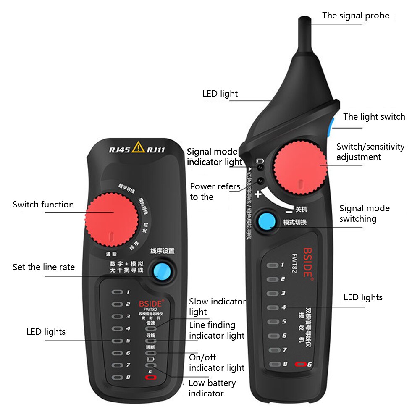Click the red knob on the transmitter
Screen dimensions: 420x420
tap(112, 220)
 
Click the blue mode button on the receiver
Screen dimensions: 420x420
tap(266, 221)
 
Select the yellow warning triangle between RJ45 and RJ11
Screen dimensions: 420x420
tap(138, 147)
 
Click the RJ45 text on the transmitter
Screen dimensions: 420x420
tap(119, 149)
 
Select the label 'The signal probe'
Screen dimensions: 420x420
tap(355, 16)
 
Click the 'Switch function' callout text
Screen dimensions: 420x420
tap(43, 205)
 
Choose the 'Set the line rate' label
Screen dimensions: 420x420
tap(44, 267)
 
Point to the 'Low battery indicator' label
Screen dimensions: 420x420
tap(212, 388)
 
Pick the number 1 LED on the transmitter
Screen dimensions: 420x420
tap(117, 292)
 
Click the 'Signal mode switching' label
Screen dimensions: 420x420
tap(364, 213)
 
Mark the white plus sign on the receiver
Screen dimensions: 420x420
tap(258, 194)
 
